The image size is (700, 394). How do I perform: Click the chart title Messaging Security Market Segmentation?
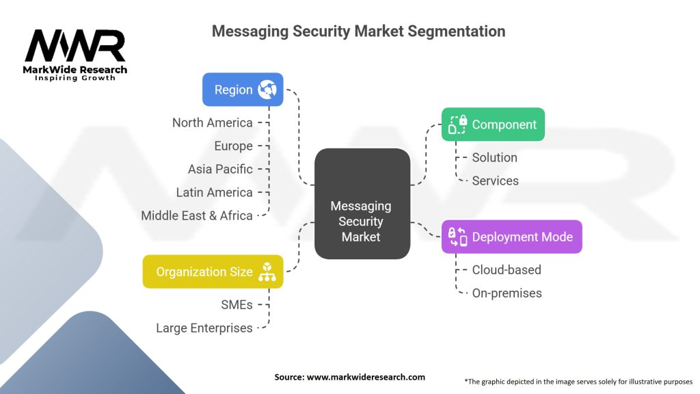click(x=358, y=31)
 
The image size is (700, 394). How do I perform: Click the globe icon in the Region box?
click(x=267, y=90)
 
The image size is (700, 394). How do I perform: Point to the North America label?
click(x=213, y=123)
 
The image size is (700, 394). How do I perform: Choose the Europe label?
click(x=233, y=146)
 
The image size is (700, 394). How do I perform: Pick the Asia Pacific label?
click(x=220, y=169)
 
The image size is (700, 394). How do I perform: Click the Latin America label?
click(x=214, y=192)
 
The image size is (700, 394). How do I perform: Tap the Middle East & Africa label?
click(x=197, y=215)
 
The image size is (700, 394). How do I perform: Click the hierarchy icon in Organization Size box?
click(x=266, y=272)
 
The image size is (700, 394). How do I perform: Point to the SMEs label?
click(x=236, y=305)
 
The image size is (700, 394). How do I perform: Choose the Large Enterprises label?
click(x=204, y=328)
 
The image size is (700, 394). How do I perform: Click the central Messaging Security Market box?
click(x=362, y=220)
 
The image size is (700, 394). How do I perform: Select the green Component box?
click(x=493, y=124)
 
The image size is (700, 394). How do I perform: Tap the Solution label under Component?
click(x=494, y=157)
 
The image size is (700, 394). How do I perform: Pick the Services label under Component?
click(x=495, y=181)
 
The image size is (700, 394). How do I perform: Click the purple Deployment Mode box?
click(x=511, y=237)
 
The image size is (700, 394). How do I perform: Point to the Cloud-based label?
click(x=506, y=270)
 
